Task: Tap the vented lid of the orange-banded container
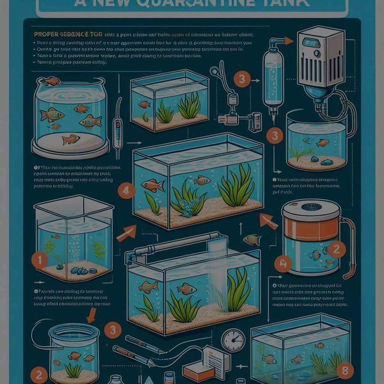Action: [311, 209]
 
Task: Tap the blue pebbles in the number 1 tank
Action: [81, 271]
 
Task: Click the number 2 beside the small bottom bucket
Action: [40, 375]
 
